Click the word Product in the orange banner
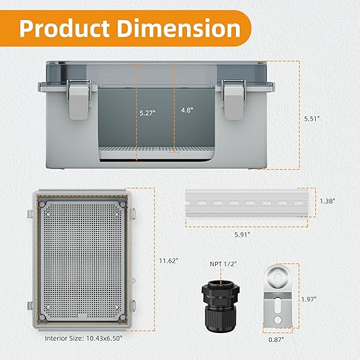click(x=64, y=28)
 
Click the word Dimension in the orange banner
click(x=179, y=28)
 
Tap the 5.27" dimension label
click(x=148, y=113)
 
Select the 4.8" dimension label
click(x=187, y=110)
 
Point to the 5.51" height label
click(x=312, y=119)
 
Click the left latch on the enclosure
click(x=79, y=99)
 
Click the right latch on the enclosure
click(x=233, y=99)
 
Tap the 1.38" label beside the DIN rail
click(x=328, y=201)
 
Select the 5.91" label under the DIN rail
click(x=242, y=234)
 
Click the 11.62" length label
click(x=169, y=261)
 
